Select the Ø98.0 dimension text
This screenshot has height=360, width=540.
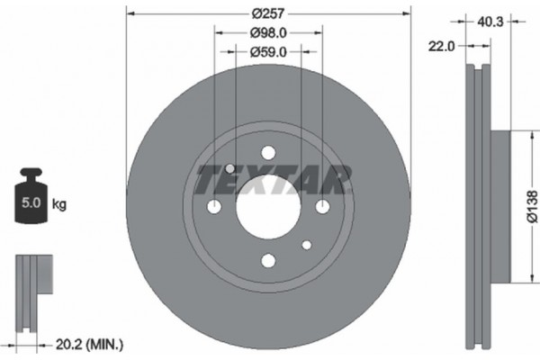pos(267,33)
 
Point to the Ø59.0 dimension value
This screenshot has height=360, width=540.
pos(267,52)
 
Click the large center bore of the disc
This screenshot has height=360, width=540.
pos(267,208)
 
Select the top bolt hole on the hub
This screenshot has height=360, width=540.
pos(267,154)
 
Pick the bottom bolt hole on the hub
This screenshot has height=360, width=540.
pos(267,261)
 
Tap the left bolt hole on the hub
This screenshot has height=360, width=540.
pos(214,208)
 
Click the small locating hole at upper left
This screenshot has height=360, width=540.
pos(230,169)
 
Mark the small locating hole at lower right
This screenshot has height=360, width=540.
pos(306,245)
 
